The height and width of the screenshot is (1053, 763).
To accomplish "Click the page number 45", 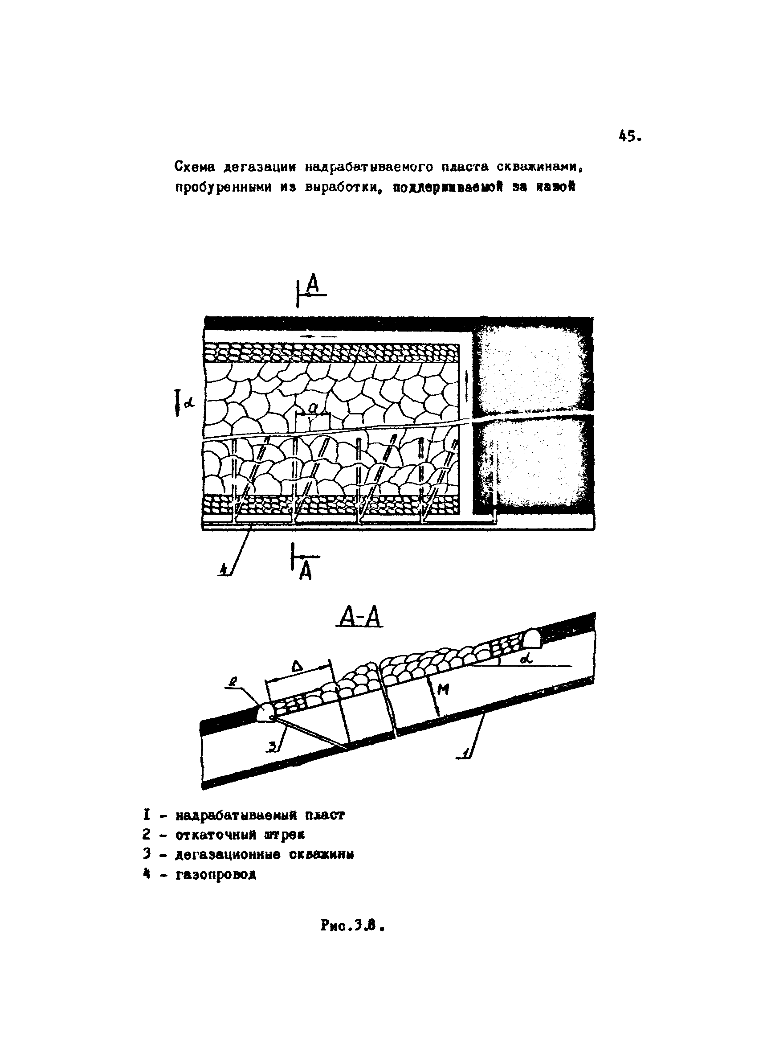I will pos(629,136).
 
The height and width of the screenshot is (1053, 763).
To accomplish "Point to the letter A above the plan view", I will pos(314,285).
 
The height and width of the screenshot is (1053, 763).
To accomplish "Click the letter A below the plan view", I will pos(305,572).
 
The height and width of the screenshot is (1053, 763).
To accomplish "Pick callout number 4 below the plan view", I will pos(224,569).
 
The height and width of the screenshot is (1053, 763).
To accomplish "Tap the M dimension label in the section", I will pos(443,691).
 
